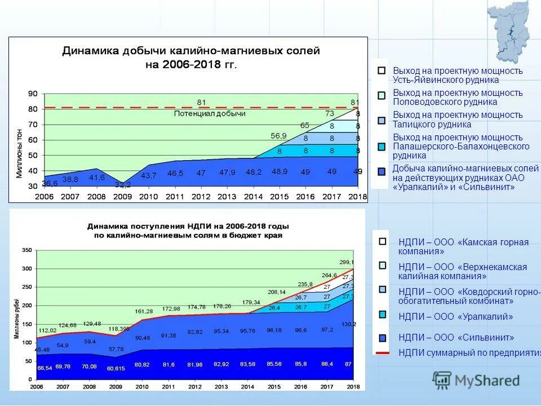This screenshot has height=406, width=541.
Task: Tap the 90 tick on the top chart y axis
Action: tap(33, 94)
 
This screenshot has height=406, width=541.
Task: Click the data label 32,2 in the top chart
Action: tap(122, 184)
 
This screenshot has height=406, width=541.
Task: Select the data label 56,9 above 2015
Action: tap(278, 136)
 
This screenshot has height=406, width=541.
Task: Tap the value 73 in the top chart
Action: tap(330, 113)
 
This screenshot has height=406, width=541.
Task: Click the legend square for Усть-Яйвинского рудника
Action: tap(382, 71)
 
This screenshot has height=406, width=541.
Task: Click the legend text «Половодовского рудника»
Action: tap(445, 102)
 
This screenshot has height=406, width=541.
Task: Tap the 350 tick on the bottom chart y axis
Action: tap(27, 249)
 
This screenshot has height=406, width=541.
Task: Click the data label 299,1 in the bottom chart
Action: tap(347, 262)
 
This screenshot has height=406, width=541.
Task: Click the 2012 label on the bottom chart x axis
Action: tap(194, 386)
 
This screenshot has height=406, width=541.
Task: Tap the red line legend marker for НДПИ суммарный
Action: tap(383, 353)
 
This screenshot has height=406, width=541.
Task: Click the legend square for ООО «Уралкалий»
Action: tap(383, 315)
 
